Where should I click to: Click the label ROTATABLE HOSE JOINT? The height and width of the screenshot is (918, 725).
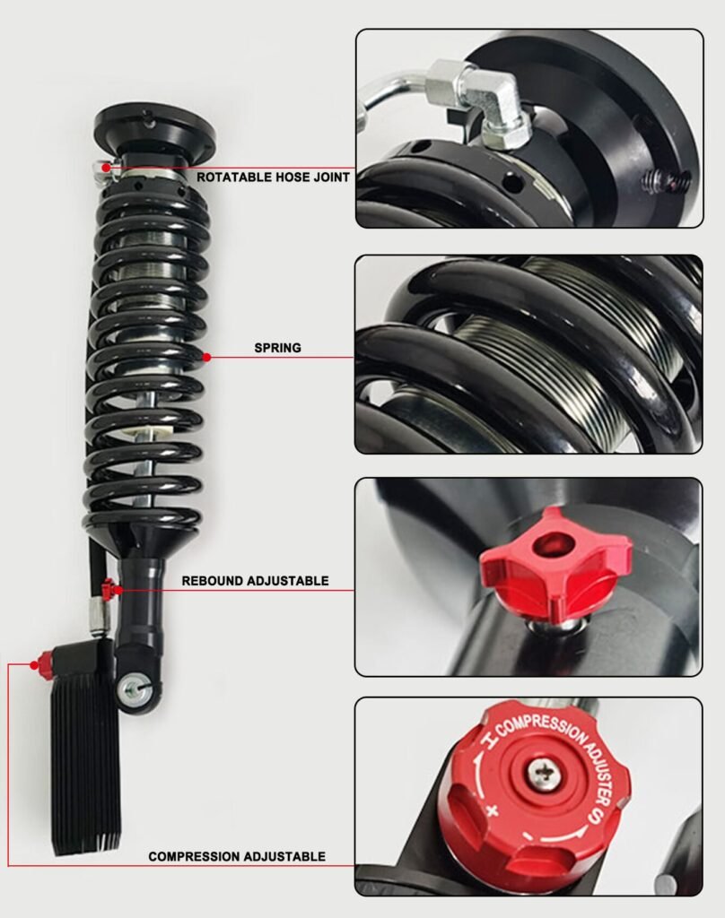[273, 177]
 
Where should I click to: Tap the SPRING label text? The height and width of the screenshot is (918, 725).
[278, 348]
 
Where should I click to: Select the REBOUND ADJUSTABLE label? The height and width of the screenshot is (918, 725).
[255, 581]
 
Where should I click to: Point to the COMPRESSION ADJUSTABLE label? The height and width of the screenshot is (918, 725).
[237, 856]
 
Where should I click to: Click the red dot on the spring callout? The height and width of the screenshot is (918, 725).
[206, 357]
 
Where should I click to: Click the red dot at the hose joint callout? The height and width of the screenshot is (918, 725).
[106, 168]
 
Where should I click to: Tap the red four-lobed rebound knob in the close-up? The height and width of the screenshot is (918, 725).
[555, 563]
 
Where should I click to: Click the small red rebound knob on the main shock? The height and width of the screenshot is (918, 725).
[108, 588]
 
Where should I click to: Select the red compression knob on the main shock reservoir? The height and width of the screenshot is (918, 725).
[43, 663]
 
